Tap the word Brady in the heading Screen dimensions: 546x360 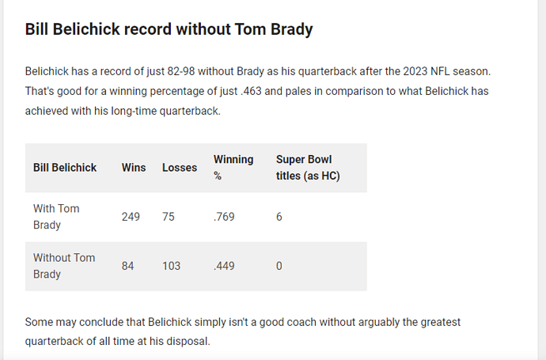coord(292,30)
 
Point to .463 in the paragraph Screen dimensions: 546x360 coord(251,91)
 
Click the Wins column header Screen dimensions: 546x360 coord(134,168)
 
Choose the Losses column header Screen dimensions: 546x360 coord(180,168)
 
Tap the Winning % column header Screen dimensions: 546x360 coord(233,168)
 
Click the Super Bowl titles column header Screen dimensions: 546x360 coord(308,168)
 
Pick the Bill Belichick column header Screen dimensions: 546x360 coord(65,168)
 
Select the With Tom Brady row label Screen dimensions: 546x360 coord(56,217)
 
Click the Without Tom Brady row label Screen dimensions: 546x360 coord(64,266)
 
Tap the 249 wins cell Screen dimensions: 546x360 coord(131,217)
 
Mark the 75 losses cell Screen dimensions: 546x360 coord(169,217)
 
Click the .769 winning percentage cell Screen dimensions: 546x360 coord(224,217)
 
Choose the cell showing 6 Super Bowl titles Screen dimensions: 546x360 coord(279,217)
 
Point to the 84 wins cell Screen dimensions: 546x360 coord(127,266)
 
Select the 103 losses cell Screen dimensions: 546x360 coord(172,266)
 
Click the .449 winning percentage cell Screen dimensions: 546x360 coord(224,266)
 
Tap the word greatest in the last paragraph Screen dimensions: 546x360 coord(441,322)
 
